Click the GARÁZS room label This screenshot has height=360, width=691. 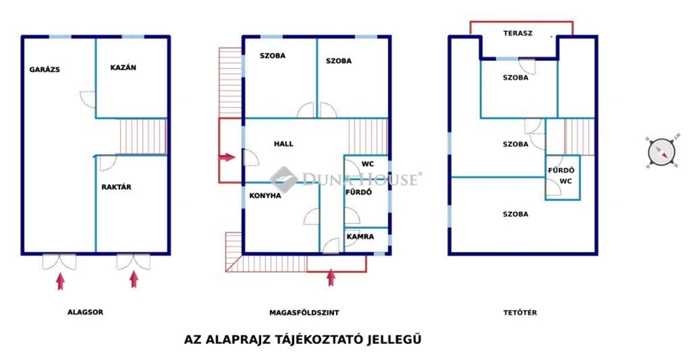click(x=44, y=69)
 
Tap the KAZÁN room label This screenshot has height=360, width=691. click(x=123, y=67)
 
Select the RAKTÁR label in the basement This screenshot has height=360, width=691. click(x=116, y=187)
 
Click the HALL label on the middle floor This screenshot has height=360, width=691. click(x=283, y=143)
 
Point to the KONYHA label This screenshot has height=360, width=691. click(x=265, y=196)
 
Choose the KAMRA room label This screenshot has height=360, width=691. click(x=360, y=236)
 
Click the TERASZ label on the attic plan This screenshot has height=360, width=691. click(x=518, y=33)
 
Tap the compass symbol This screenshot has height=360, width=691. click(x=662, y=152)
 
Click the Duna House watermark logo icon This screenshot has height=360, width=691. click(x=283, y=179)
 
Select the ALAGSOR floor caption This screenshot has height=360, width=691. click(x=85, y=312)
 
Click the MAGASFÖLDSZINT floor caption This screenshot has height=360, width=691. click(x=304, y=313)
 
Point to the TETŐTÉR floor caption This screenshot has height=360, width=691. click(x=520, y=313)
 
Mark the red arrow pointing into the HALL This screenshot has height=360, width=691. click(x=228, y=157)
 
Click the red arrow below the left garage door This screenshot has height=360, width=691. click(x=61, y=281)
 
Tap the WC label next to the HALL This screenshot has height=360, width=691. click(x=367, y=164)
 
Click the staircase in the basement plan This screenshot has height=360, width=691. click(x=143, y=136)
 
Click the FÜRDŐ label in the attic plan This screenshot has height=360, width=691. click(x=561, y=170)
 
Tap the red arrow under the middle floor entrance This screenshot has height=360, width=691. click(x=331, y=277)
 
